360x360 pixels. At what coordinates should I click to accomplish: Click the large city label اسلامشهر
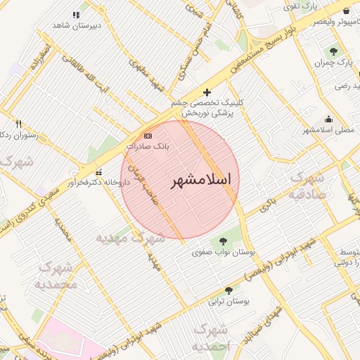tap(201, 180)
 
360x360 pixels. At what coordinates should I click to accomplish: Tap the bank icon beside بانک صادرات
tap(148, 135)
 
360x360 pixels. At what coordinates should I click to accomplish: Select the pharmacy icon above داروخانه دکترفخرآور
tap(98, 172)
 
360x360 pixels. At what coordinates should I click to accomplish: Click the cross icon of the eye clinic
tap(207, 92)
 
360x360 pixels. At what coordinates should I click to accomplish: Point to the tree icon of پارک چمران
tap(333, 51)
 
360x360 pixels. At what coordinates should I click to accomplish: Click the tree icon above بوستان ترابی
tap(229, 290)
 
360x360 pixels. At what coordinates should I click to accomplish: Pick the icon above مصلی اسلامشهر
tap(328, 119)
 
